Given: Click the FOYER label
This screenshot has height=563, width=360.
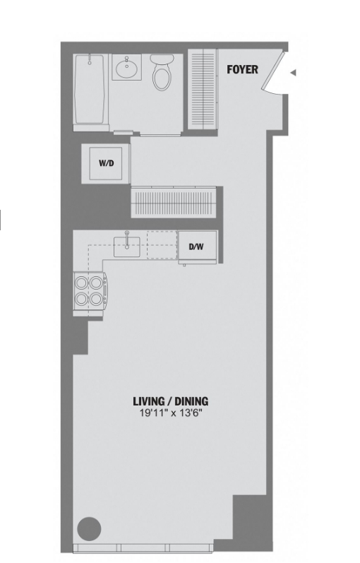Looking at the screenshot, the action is (242, 69).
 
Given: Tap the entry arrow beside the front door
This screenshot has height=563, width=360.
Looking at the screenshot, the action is (293, 73).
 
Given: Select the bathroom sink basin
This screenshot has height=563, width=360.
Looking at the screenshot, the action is (126, 67).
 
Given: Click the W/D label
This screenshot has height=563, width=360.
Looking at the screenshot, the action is (107, 163).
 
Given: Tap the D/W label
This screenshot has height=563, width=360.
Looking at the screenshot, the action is (196, 247).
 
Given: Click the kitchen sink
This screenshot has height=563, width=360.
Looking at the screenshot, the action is (126, 247).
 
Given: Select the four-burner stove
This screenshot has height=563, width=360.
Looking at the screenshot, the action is (90, 291).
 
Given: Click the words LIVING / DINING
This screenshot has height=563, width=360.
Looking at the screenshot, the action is (171, 401).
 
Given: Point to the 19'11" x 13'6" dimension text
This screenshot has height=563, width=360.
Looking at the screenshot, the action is (171, 413).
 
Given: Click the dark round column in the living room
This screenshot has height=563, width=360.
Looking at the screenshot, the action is (89, 528).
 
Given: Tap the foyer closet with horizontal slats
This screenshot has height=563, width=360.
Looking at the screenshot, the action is (203, 89).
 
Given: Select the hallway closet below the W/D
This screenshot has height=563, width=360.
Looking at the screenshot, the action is (174, 202).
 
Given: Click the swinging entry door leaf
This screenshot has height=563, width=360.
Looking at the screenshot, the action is (273, 71).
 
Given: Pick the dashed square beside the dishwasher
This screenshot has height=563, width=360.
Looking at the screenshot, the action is (162, 245).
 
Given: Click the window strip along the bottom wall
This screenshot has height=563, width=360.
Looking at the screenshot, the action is (143, 548).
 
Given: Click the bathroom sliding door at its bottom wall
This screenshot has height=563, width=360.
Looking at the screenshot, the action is (160, 135).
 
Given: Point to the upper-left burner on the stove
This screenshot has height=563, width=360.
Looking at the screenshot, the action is (82, 283).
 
